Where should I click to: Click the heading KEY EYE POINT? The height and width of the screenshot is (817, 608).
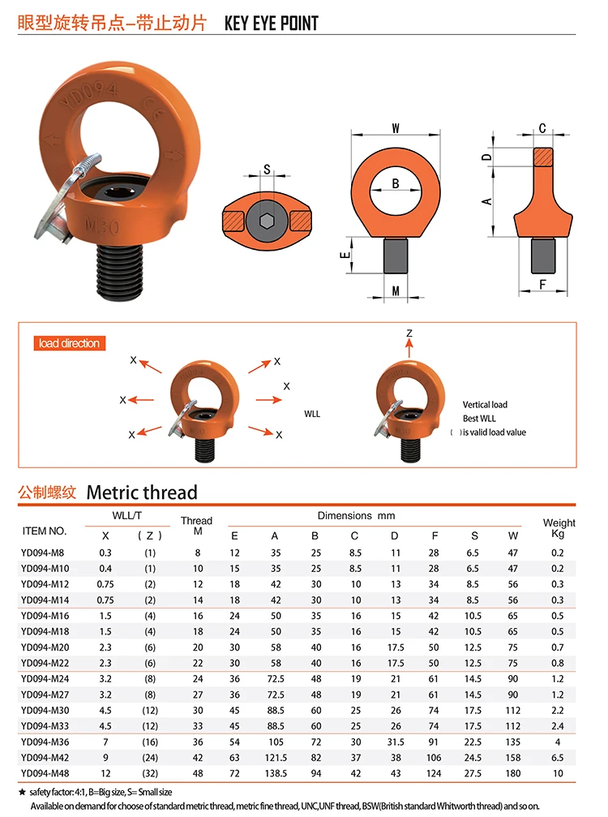[271, 23]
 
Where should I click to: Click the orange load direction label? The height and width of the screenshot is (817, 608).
[70, 343]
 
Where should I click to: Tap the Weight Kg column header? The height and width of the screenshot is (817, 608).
[559, 528]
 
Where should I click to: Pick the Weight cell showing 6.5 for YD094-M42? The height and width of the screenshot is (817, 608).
[558, 759]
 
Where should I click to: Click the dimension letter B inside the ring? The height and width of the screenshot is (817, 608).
[396, 184]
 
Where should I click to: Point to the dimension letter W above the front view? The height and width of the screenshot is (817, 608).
[396, 128]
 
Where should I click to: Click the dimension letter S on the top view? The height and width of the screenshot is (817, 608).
[267, 170]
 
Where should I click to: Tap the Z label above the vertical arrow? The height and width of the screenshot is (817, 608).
[409, 333]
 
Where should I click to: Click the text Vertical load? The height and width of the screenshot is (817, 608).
[485, 404]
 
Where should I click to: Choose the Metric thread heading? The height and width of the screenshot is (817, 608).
[141, 492]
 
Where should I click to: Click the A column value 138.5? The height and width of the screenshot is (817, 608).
[275, 774]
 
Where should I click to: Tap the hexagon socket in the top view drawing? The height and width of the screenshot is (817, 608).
[266, 220]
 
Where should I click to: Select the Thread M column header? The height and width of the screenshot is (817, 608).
[196, 526]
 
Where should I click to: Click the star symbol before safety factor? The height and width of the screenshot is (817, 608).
[23, 792]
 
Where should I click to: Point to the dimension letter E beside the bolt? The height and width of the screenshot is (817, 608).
[345, 255]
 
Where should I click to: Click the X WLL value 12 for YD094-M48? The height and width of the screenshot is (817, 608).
[105, 774]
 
